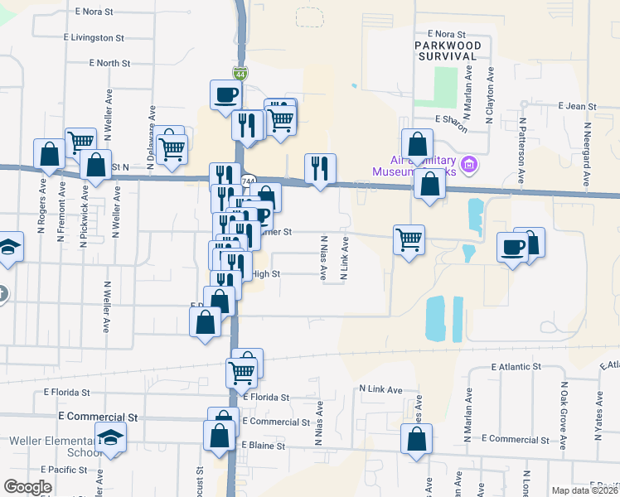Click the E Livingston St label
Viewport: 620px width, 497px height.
tap(94, 38)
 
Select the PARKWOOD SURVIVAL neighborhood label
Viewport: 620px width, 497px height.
tap(447, 50)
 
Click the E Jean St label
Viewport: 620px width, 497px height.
tap(578, 106)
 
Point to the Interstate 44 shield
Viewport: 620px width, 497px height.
tap(240, 74)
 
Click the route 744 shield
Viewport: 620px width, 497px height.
tap(248, 181)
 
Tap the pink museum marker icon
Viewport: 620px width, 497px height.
tap(469, 165)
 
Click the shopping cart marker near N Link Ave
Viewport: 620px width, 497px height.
tap(409, 239)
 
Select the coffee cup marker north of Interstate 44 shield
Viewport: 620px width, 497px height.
tap(225, 95)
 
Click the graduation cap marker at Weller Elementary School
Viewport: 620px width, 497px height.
tap(110, 437)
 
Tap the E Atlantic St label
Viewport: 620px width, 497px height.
tap(516, 366)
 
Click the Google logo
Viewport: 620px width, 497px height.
tap(27, 487)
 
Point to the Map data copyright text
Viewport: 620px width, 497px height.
tap(584, 490)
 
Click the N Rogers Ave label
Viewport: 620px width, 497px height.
tap(42, 211)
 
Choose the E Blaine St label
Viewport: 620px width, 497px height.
tap(263, 446)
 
